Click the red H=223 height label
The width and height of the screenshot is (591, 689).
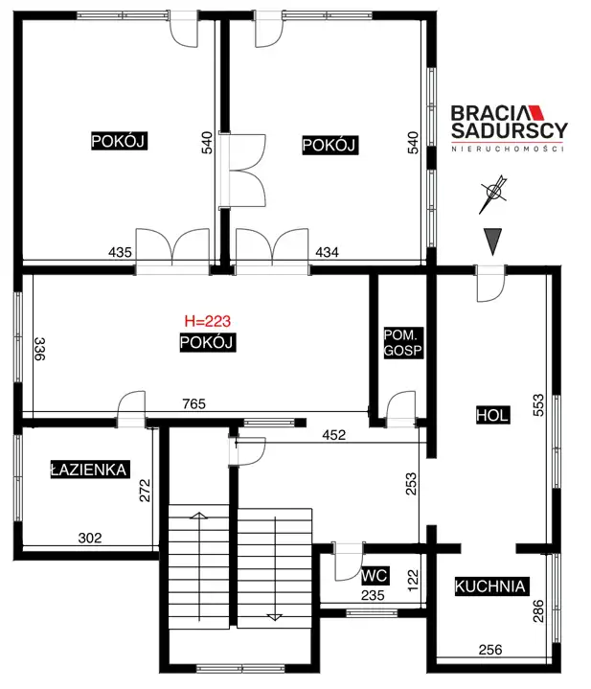coord(207,321)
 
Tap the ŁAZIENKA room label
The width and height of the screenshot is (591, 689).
coord(89,470)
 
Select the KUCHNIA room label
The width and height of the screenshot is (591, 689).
coord(490,586)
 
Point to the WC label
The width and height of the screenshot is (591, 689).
coord(375,576)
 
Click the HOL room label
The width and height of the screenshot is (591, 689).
coord(492,415)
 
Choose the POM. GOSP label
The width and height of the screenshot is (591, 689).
coord(403,343)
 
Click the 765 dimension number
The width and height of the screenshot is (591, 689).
coord(193,403)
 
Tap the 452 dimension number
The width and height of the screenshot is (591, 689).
coord(333,435)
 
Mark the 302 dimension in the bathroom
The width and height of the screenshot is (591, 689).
coord(90,538)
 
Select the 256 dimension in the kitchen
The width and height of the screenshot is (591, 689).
coord(490,650)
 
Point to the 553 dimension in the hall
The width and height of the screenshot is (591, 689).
coord(538,405)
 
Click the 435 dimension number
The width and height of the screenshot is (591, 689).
coord(120,252)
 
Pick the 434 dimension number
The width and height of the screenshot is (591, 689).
coord(328,252)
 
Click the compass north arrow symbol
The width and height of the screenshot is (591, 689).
coord(493,195)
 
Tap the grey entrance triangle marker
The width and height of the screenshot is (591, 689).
coord(492,241)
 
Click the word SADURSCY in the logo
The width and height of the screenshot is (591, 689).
coord(510,130)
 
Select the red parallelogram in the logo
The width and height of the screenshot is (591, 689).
coord(535,112)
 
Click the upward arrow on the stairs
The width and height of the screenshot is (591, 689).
coord(199,567)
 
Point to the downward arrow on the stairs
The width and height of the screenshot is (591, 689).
coord(275,568)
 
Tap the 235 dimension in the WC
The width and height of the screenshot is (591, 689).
coord(373,595)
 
